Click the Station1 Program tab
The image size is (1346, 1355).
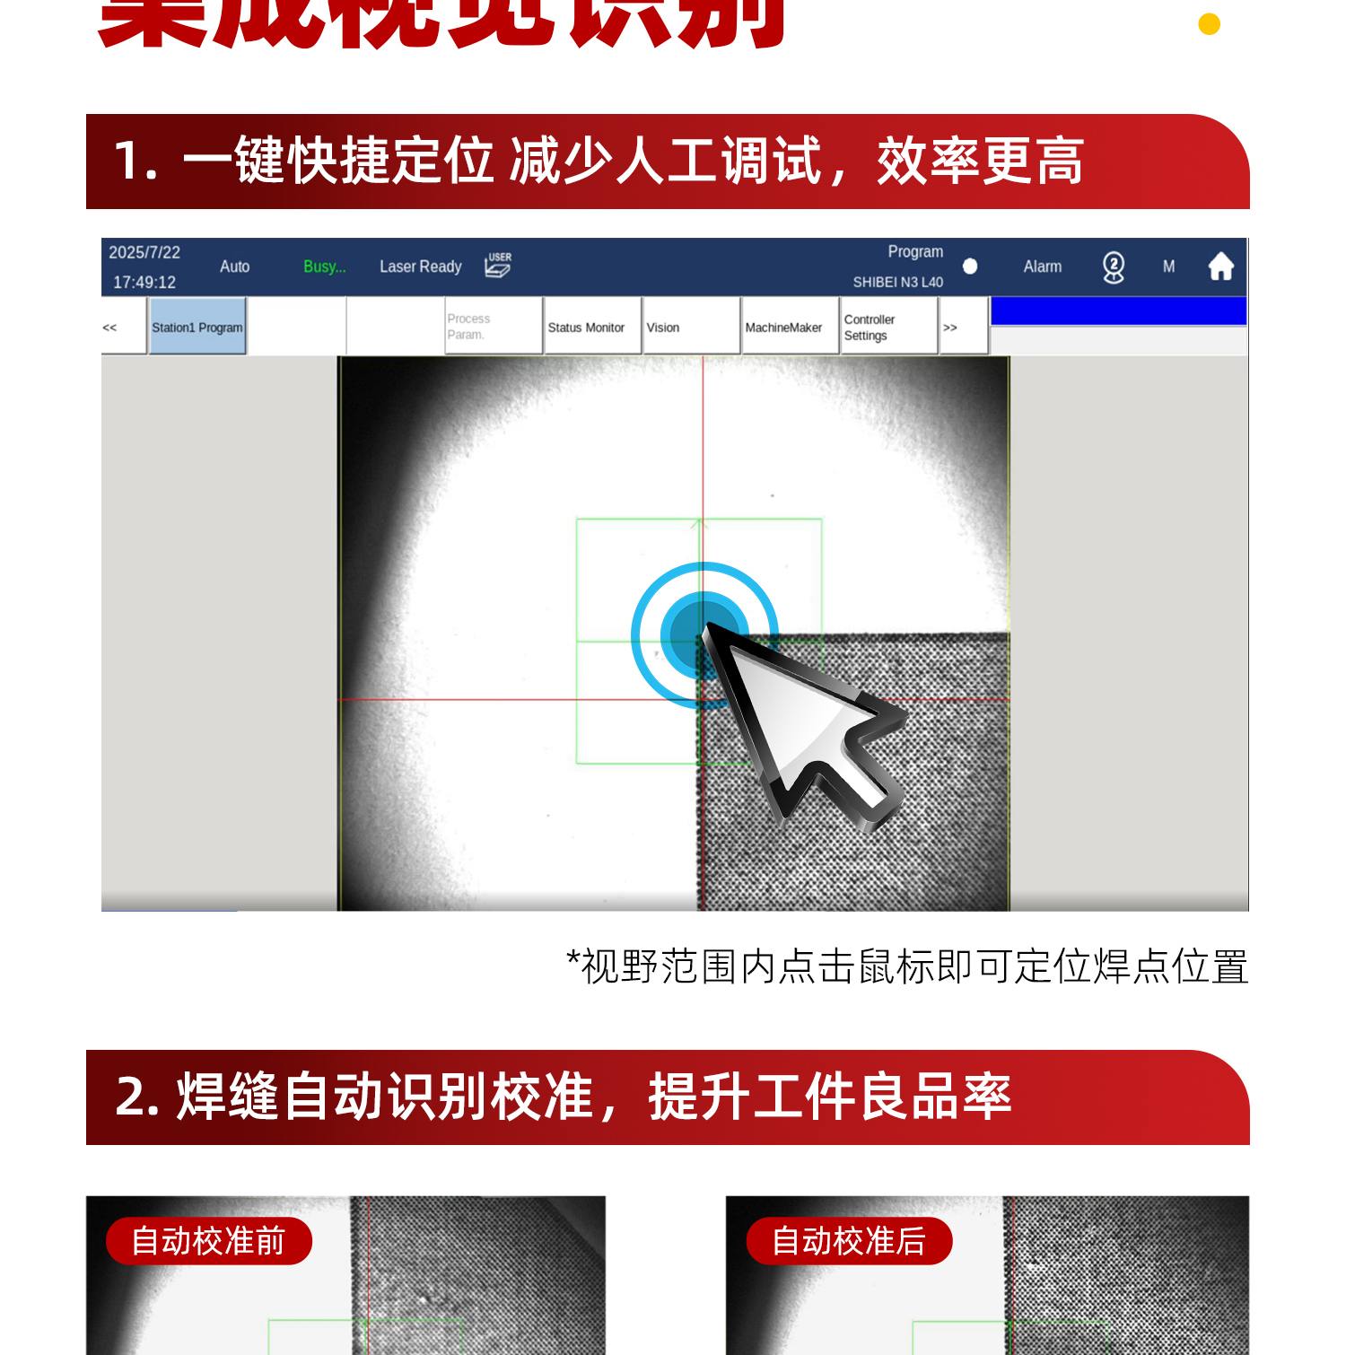pyautogui.click(x=197, y=328)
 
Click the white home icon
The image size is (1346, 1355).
pyautogui.click(x=1220, y=267)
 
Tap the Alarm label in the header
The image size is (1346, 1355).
pyautogui.click(x=1042, y=267)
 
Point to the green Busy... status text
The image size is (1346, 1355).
pyautogui.click(x=324, y=267)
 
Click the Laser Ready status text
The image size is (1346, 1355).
pyautogui.click(x=420, y=267)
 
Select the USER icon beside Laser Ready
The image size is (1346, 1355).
pyautogui.click(x=498, y=265)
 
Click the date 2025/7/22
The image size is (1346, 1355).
pyautogui.click(x=144, y=252)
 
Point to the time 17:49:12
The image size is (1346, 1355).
pyautogui.click(x=144, y=282)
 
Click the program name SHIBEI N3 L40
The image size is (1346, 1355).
pyautogui.click(x=897, y=282)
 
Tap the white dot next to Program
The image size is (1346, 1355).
pyautogui.click(x=970, y=267)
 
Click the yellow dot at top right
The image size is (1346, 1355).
pyautogui.click(x=1209, y=24)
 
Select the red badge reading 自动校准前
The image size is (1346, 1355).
pyautogui.click(x=208, y=1241)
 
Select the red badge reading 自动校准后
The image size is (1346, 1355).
pyautogui.click(x=849, y=1241)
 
